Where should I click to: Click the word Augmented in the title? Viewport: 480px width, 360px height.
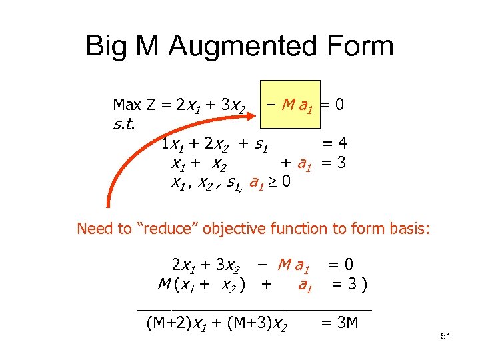245,47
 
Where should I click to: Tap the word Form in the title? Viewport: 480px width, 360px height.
361,47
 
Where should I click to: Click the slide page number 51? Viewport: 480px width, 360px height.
446,337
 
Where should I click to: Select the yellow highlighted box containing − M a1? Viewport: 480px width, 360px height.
292,105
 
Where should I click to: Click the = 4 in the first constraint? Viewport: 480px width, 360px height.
335,143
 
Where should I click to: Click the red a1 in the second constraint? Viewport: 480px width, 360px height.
305,163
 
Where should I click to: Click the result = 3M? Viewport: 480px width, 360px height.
339,323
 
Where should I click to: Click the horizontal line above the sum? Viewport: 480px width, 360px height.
254,309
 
